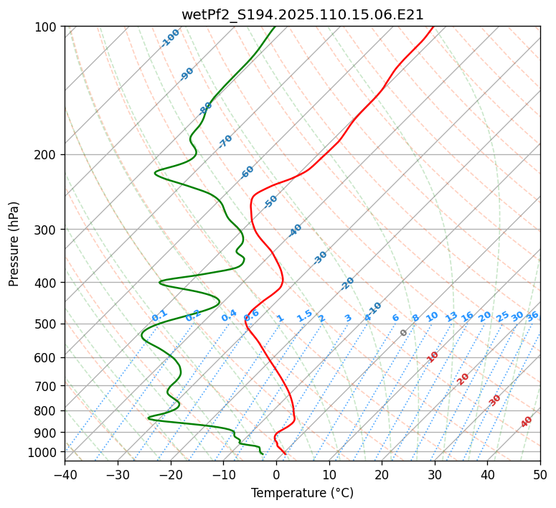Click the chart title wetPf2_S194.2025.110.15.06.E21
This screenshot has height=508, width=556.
[x=302, y=14]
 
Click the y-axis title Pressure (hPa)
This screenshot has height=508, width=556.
[x=14, y=243]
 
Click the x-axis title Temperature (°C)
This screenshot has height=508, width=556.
[x=302, y=494]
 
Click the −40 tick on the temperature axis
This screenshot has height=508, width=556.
[x=65, y=475]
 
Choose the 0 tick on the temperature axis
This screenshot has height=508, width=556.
[x=276, y=475]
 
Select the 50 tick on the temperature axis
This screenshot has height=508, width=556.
[x=540, y=475]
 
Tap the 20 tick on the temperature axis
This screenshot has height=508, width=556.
[x=382, y=475]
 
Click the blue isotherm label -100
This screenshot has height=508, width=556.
[x=170, y=38]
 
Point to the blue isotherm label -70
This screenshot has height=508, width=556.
[x=225, y=141]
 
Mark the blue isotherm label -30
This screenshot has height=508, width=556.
[x=320, y=258]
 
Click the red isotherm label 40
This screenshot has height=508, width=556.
[x=527, y=422]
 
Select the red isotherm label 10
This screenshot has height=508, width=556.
[x=433, y=357]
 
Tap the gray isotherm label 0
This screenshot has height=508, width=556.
[x=404, y=333]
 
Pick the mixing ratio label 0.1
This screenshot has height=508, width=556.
[x=159, y=315]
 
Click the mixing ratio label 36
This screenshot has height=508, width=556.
[x=532, y=316]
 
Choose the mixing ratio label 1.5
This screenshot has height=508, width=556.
[x=304, y=315]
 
